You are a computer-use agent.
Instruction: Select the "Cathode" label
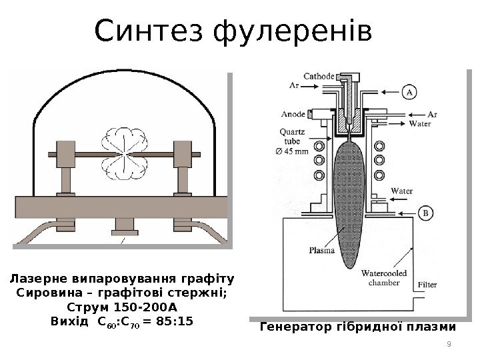point(319,76)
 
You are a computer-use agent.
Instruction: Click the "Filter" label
point(427,285)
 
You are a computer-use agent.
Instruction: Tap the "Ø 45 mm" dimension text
point(291,151)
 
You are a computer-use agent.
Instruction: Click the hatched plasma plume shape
point(348,200)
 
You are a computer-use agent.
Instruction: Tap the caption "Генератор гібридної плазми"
point(357,327)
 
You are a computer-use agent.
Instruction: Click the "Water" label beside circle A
point(419,123)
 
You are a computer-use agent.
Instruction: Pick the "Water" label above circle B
point(401,191)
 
